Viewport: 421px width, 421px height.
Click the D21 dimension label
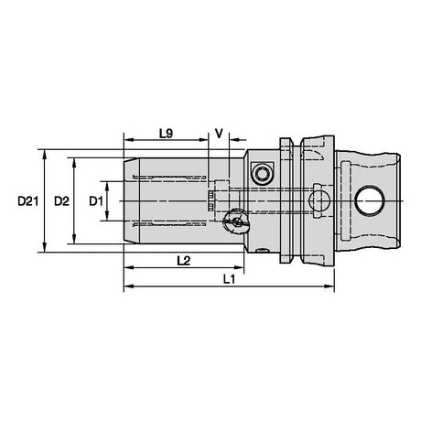click(27, 201)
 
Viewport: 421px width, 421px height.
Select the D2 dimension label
click(61, 201)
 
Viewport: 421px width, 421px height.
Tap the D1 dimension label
click(96, 201)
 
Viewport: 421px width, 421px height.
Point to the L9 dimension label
click(166, 134)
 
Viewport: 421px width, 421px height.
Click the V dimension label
click(219, 134)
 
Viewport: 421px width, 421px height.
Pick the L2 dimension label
click(184, 261)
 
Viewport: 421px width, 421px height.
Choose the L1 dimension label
click(229, 279)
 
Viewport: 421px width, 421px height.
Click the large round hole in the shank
click(369, 201)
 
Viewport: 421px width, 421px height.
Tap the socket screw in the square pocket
click(262, 174)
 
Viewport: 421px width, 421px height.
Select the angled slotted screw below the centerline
click(236, 221)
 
